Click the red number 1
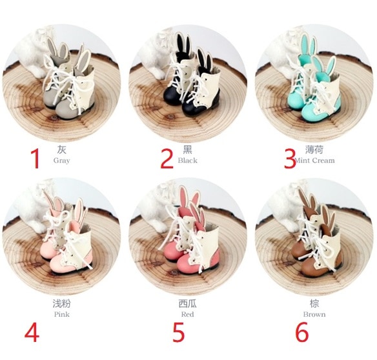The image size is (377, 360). (36, 159)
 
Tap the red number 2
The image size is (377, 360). (167, 158)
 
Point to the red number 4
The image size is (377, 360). (32, 333)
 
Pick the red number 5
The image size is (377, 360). (178, 332)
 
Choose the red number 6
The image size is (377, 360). (301, 332)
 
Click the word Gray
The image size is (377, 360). (62, 161)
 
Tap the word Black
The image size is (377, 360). (188, 160)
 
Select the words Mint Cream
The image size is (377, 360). (315, 160)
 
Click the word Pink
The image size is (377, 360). (62, 314)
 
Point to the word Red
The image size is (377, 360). (188, 314)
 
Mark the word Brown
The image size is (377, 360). (314, 314)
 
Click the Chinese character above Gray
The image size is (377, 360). (62, 150)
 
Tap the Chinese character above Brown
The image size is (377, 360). (314, 304)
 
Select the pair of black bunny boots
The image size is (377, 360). (195, 77)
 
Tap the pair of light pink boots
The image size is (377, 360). (67, 235)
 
